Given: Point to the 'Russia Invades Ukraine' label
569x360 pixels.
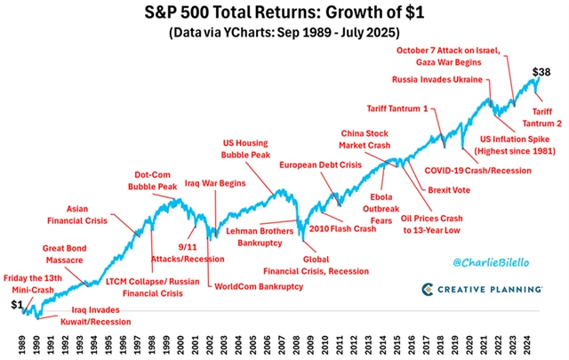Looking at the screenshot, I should (435, 78).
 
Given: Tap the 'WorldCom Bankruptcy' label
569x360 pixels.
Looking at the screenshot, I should (259, 286).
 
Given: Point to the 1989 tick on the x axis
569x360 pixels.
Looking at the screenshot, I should (20, 341).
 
